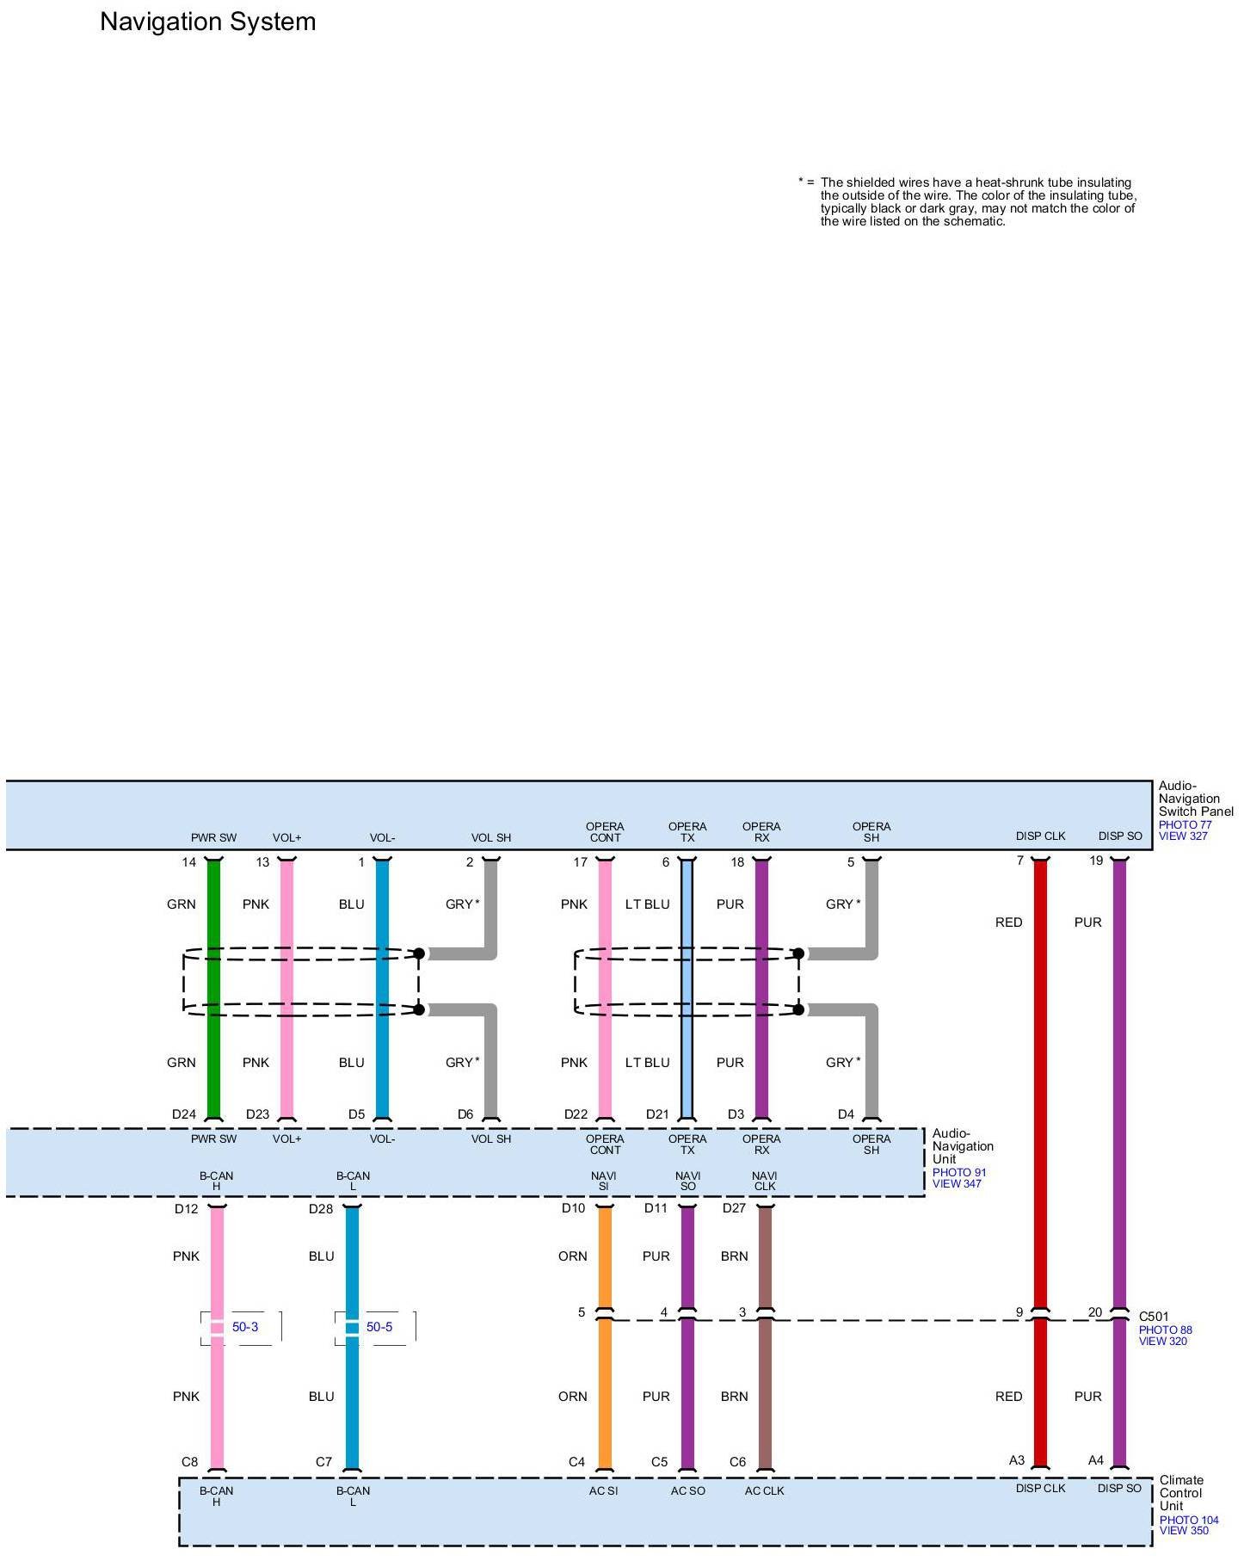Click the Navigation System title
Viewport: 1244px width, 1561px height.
(207, 22)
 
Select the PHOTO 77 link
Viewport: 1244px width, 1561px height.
(1185, 824)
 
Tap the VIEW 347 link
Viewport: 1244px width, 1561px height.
(957, 1183)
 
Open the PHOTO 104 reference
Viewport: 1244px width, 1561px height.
(1189, 1520)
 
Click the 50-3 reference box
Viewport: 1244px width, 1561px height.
(244, 1327)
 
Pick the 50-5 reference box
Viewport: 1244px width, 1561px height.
(379, 1327)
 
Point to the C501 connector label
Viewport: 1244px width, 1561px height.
(1154, 1317)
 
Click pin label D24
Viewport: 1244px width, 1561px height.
(184, 1114)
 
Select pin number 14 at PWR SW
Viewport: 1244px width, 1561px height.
(188, 862)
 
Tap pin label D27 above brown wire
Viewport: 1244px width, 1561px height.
(734, 1208)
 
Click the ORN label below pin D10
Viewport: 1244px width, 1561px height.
(572, 1256)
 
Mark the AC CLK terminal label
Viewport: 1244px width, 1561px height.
(764, 1490)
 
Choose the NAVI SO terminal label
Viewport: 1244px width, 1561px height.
(687, 1181)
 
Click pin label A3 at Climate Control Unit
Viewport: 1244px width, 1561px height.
(1017, 1460)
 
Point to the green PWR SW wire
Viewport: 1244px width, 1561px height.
(214, 990)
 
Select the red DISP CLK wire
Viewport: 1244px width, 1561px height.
(1040, 1119)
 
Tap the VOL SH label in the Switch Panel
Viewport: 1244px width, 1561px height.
(490, 837)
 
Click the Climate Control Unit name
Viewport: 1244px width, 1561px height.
(1180, 1492)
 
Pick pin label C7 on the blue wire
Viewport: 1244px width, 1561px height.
(323, 1461)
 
